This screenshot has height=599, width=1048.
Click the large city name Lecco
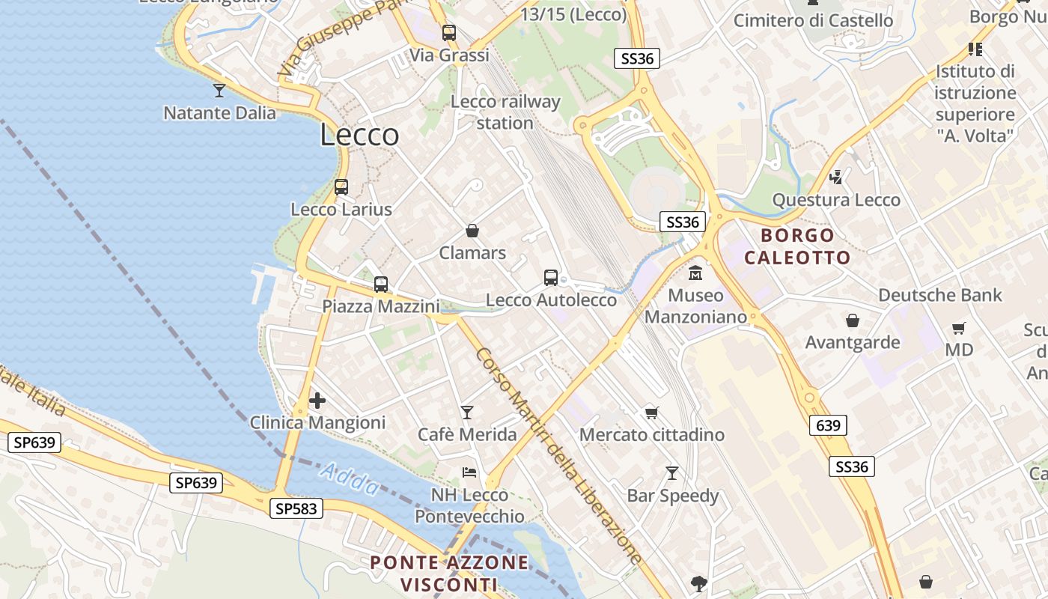point(359,136)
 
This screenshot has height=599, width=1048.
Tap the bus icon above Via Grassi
point(449,33)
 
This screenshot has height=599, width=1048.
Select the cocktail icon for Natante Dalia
point(219,91)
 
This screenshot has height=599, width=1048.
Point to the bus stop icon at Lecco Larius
point(341,187)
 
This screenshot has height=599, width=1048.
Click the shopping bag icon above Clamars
point(472,231)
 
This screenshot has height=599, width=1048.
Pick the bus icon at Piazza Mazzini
point(381,285)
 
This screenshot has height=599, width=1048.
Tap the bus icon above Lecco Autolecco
point(551,278)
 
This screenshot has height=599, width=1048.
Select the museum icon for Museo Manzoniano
point(696,273)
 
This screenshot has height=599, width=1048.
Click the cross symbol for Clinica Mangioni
point(317,401)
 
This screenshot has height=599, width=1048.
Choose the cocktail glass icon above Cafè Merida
point(467,412)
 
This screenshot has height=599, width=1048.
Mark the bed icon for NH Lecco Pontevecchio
point(469,472)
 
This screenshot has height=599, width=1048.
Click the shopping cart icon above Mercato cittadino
point(652,413)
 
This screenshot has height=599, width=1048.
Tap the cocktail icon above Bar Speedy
point(672,473)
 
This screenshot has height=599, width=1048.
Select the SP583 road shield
point(296,509)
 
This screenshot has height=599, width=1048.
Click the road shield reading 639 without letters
point(828,426)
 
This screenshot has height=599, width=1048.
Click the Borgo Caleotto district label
point(797,247)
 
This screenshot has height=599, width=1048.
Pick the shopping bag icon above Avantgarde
point(852,321)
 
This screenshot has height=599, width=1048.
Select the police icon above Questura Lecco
point(836,177)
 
